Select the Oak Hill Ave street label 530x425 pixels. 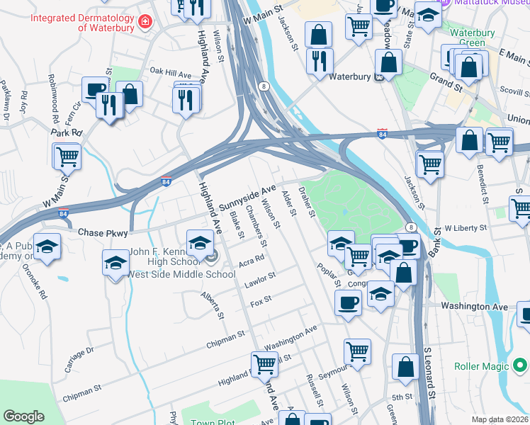point(171,73)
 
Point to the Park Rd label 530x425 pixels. point(67,132)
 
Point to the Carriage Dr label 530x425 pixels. point(79,360)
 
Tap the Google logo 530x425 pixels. point(23,416)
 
